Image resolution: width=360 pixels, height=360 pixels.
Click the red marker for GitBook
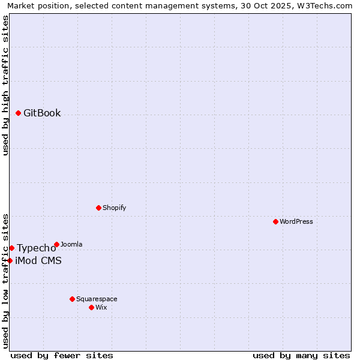pyautogui.click(x=18, y=113)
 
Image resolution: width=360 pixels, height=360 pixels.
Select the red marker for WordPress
pyautogui.click(x=275, y=221)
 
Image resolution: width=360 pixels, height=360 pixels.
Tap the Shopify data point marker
pyautogui.click(x=98, y=208)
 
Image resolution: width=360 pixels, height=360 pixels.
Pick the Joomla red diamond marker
pyautogui.click(x=56, y=244)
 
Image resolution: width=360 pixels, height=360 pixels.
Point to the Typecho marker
pyautogui.click(x=11, y=248)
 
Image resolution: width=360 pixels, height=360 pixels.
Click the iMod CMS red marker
pyautogui.click(x=10, y=260)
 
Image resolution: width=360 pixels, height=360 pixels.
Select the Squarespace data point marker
pyautogui.click(x=72, y=299)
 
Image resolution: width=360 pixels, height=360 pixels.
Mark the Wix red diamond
pyautogui.click(x=91, y=307)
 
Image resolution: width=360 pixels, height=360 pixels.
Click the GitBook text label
pyautogui.click(x=42, y=113)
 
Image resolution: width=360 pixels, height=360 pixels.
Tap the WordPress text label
pyautogui.click(x=296, y=221)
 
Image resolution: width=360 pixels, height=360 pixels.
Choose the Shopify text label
pyautogui.click(x=115, y=208)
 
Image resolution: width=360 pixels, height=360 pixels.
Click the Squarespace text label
pyautogui.click(x=97, y=299)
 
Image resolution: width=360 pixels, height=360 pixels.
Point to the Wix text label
pyautogui.click(x=101, y=307)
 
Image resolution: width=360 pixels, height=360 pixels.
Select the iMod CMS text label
pyautogui.click(x=38, y=260)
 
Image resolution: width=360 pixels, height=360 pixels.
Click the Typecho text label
pyautogui.click(x=37, y=248)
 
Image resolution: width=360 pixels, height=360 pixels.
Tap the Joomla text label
pyautogui.click(x=71, y=244)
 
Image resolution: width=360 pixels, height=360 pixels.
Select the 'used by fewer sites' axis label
pyautogui.click(x=62, y=355)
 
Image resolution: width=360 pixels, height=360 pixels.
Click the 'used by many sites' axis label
pyautogui.click(x=301, y=355)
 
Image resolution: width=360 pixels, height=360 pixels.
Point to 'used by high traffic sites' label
pyautogui.click(x=5, y=85)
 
